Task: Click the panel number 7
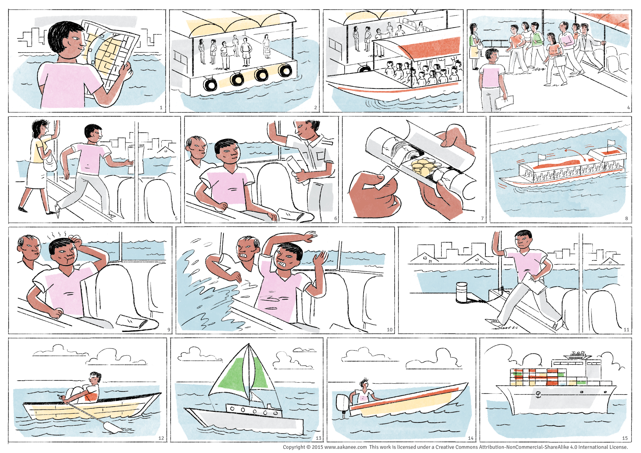(482, 218)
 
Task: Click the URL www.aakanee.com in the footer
(345, 447)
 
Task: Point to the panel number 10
(389, 330)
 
